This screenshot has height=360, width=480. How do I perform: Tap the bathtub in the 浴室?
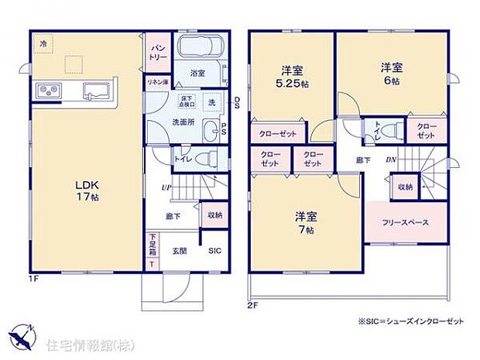coord(201,47)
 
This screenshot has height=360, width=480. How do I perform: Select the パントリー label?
coord(157,52)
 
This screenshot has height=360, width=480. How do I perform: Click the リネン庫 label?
coord(157,82)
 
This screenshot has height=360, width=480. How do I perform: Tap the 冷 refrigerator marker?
coord(43,45)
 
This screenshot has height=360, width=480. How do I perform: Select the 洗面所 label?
coord(183,122)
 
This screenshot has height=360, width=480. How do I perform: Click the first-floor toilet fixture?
coord(204,159)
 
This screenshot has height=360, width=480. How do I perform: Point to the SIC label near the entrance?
coord(214,250)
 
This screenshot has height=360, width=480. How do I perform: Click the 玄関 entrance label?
coord(180,250)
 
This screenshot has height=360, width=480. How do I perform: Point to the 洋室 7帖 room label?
coord(303,221)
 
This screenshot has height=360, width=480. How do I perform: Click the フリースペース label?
coord(405,222)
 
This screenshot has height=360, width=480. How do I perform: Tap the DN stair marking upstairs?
coord(393,159)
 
